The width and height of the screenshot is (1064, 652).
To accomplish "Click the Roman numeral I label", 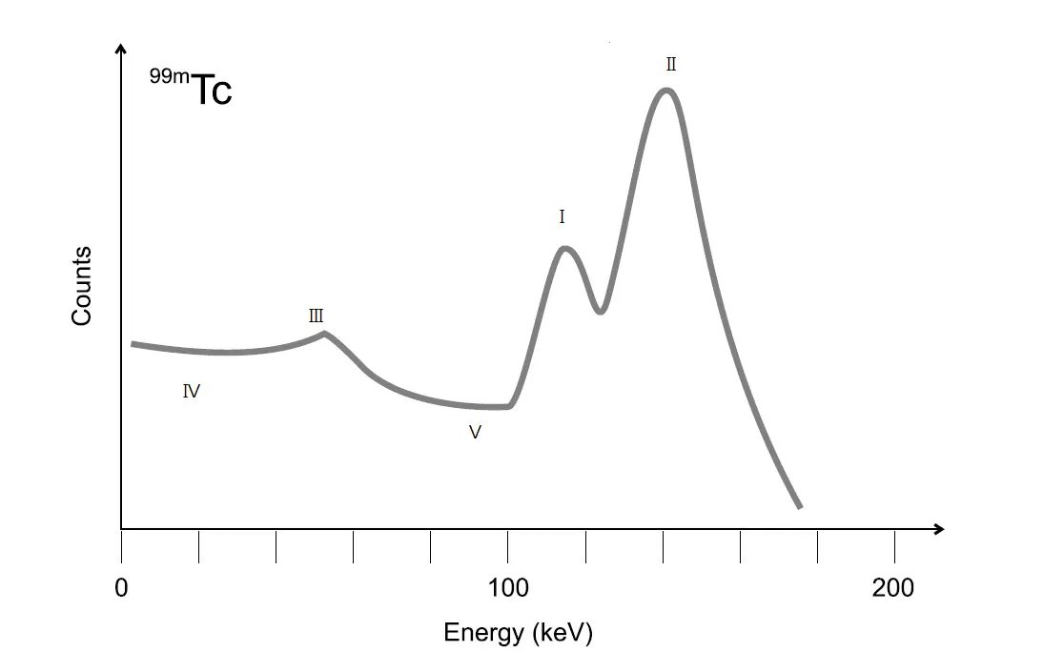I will tap(562, 217).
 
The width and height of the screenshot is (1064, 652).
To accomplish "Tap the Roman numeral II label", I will tap(671, 65).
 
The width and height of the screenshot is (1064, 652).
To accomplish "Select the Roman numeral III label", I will tap(317, 316).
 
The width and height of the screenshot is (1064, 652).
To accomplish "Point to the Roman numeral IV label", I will tap(191, 391).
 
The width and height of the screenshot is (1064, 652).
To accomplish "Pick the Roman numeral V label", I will tap(475, 432).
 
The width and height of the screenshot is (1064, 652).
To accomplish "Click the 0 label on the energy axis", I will tap(121, 588).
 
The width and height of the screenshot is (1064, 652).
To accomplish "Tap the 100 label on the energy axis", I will tap(508, 588).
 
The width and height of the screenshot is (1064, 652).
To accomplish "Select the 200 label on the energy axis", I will tap(893, 588).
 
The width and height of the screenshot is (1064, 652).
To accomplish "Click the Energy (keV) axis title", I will tap(518, 632).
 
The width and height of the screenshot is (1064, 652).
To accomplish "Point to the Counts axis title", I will tap(82, 286).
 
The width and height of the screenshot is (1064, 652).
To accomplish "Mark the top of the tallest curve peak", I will tap(666, 91).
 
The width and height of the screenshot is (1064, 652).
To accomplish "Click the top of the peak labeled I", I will tap(565, 249).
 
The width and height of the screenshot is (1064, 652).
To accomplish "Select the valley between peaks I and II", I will tap(600, 311).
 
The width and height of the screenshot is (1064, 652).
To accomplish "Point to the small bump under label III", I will tap(325, 334).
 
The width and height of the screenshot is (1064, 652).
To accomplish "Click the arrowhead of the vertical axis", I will tap(121, 50).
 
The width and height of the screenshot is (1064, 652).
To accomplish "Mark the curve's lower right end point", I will tap(800, 506).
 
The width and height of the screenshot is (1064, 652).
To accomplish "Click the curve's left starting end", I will tap(133, 343).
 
